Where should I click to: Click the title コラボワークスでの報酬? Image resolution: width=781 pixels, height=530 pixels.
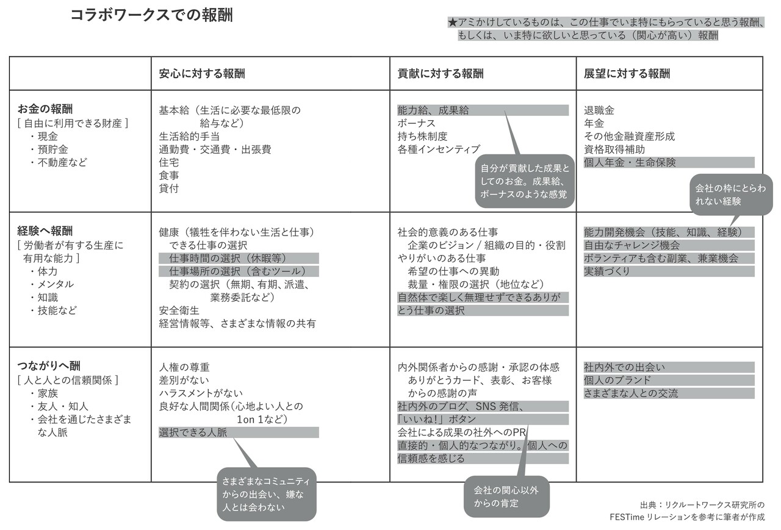pos(152,15)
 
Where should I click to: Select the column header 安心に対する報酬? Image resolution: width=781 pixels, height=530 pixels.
pos(202,74)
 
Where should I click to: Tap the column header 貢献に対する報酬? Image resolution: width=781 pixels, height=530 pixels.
pos(441,74)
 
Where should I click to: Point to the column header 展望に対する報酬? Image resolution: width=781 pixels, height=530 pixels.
pos(627,74)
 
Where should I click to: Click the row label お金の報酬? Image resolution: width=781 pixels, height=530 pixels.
pos(45,109)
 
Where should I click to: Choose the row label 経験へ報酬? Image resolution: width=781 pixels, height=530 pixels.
pos(45,231)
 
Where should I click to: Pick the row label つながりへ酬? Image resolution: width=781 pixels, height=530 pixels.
pos(49,366)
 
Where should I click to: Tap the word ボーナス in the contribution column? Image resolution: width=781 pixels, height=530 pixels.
pos(416,123)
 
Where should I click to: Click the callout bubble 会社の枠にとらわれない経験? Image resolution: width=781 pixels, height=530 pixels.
pos(731,195)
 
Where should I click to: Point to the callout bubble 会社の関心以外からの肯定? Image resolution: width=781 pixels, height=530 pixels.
pos(506,496)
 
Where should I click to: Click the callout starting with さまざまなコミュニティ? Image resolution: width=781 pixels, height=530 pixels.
pos(267,494)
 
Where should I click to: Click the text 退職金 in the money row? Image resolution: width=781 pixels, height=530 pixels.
pos(599,110)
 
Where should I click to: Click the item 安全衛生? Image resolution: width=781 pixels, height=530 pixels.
pos(179,310)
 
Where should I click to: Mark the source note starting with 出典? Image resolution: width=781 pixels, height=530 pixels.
pos(687,511)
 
